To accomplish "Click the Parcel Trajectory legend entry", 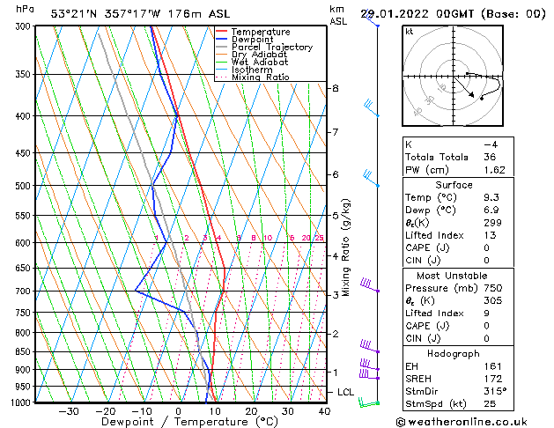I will tap(271, 48).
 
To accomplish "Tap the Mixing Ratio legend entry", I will tap(261, 77).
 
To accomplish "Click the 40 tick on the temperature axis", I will tap(324, 411).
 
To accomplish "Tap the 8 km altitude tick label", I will tap(336, 88).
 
